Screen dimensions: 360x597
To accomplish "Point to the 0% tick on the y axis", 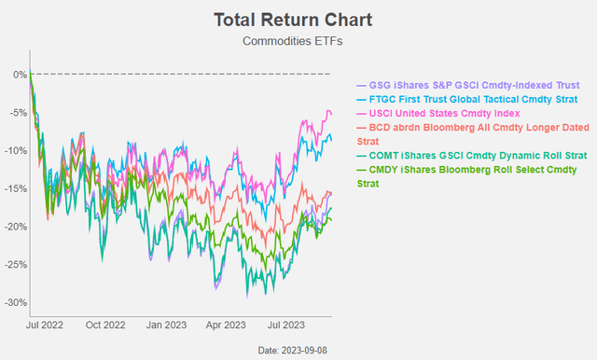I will [x=18, y=75].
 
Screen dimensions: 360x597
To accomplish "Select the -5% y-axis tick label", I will [x=16, y=113].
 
